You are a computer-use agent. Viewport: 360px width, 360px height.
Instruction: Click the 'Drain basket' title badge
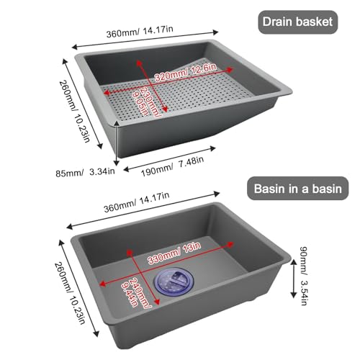[298, 22]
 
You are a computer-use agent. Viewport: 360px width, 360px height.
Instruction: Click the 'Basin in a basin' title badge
[298, 189]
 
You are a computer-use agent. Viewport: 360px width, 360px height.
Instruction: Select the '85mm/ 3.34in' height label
[85, 172]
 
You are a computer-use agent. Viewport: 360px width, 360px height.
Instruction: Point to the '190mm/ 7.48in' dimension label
[172, 166]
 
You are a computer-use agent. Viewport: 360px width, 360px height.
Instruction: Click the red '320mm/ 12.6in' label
[185, 72]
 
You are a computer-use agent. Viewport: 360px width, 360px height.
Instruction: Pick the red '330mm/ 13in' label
[174, 253]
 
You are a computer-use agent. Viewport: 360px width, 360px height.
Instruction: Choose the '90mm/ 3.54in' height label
[303, 276]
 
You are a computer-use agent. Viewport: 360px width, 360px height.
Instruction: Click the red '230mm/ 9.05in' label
[145, 102]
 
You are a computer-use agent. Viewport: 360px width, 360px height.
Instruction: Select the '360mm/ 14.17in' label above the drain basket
[140, 32]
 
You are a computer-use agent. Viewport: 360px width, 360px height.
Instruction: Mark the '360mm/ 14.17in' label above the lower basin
[136, 202]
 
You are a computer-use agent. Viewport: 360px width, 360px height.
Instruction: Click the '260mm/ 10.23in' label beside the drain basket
[75, 111]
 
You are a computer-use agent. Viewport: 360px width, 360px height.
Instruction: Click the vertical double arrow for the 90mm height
[293, 279]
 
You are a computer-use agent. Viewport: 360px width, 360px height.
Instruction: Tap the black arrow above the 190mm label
[169, 159]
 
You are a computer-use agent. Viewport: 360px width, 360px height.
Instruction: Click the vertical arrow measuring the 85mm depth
[117, 143]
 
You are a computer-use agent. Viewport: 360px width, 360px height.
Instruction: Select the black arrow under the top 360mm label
[145, 39]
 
